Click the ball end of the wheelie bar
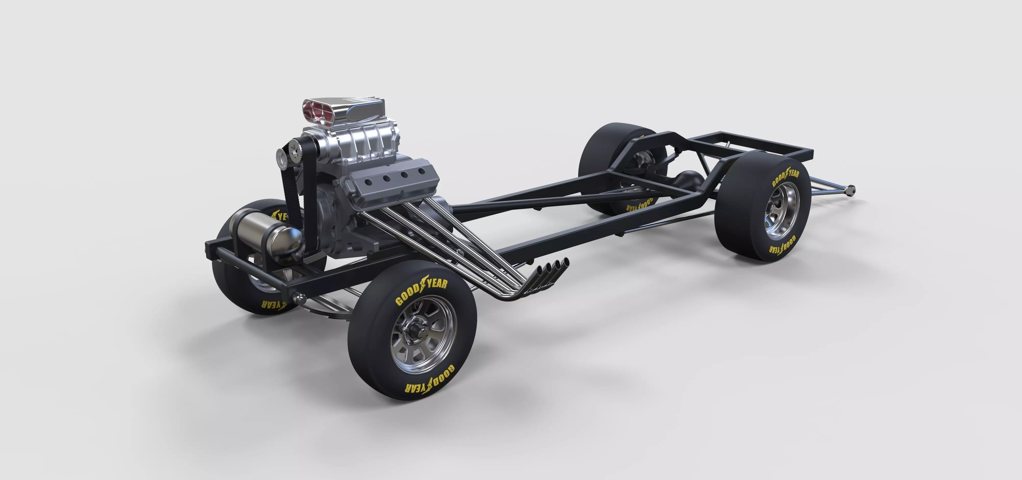pyautogui.click(x=851, y=190)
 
